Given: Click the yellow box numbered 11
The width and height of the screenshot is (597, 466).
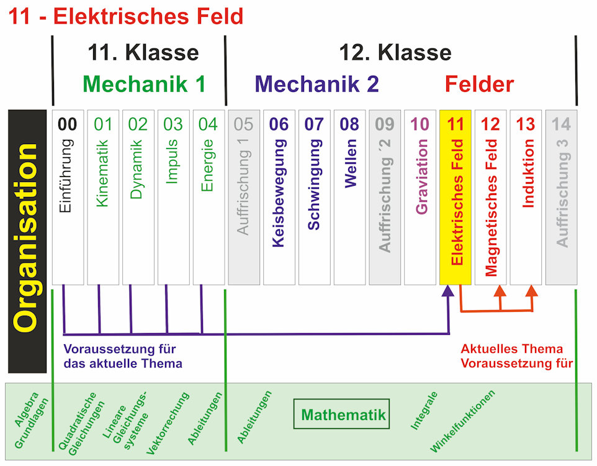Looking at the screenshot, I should coord(456,198).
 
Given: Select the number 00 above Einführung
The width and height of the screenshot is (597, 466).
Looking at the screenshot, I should coord(68,124).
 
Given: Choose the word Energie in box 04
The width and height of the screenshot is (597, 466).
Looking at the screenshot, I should coord(209,165).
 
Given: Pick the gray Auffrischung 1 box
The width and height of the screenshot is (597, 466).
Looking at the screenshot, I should coord(244,198).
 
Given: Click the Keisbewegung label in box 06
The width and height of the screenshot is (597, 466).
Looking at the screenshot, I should coord(279,193).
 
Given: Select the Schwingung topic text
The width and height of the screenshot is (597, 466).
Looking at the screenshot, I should coord(314,185).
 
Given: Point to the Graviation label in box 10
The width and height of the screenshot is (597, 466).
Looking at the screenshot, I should coord(421,176).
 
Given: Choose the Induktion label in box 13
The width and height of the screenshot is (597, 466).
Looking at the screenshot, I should coord(526,173).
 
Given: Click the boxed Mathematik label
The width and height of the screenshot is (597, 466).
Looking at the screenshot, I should coord(342,414).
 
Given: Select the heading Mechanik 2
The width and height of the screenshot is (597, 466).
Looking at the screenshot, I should coord(316,84).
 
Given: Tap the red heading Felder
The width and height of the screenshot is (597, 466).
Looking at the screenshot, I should coord(479,84).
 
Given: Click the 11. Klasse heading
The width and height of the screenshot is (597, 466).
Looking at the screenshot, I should coord(143,53).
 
